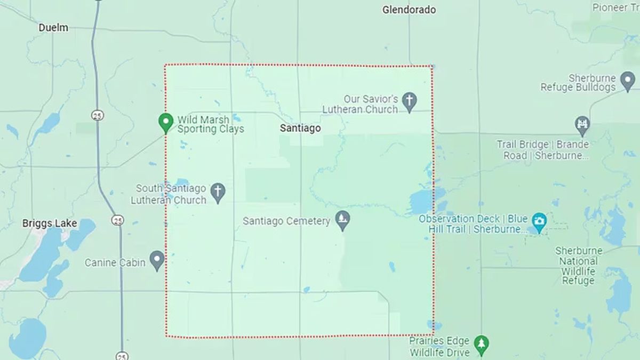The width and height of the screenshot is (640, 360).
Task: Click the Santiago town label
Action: click(x=301, y=129)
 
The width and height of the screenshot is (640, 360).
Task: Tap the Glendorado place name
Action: click(x=409, y=10)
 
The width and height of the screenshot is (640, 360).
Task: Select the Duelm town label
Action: click(x=53, y=28)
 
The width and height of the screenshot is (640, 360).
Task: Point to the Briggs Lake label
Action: click(x=50, y=223)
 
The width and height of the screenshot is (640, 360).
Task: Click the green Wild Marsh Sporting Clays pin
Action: click(x=166, y=123)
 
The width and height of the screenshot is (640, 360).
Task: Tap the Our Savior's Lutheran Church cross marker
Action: click(x=409, y=102)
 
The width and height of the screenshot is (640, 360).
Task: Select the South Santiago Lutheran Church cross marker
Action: click(x=218, y=193)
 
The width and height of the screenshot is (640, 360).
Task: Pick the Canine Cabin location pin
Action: click(x=157, y=260)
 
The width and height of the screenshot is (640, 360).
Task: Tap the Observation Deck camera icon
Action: click(x=539, y=221)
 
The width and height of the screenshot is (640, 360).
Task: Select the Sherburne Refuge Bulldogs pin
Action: click(x=628, y=81)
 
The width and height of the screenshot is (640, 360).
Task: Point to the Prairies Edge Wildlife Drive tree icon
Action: click(x=482, y=345)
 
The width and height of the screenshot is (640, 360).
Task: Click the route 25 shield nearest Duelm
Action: click(x=97, y=115)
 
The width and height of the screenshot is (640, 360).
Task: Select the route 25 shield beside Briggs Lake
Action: click(x=118, y=219)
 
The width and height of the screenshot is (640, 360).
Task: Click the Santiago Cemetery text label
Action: click(x=286, y=221)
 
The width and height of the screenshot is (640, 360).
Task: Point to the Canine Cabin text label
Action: click(x=115, y=262)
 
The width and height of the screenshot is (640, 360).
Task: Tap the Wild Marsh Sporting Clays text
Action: click(x=210, y=124)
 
